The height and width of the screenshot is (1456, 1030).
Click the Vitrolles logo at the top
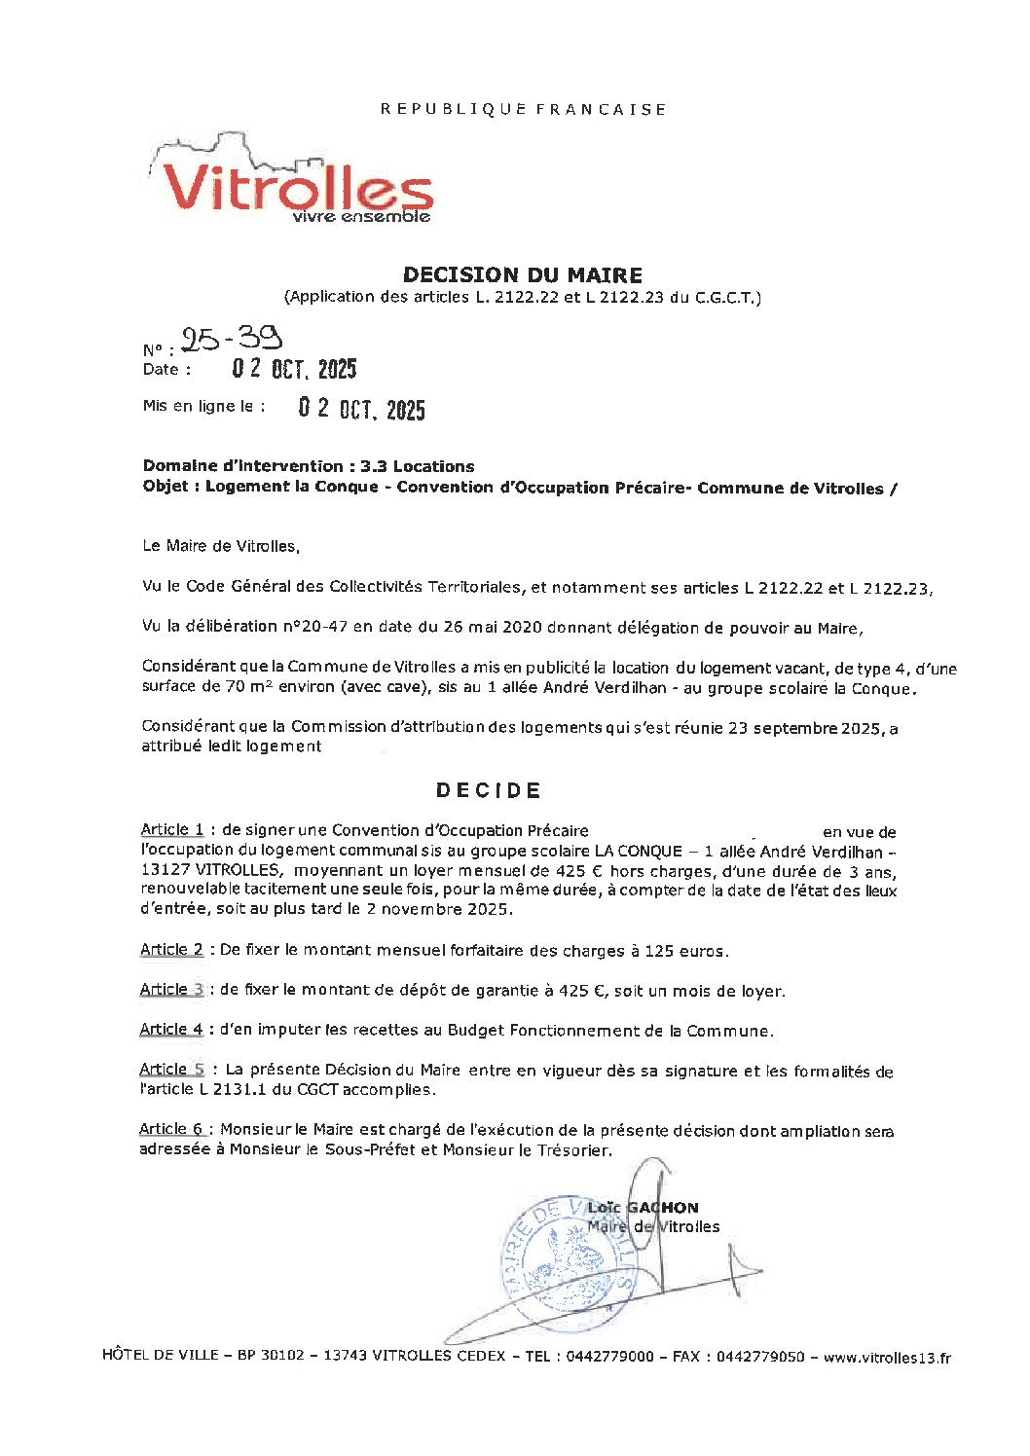pyautogui.click(x=292, y=181)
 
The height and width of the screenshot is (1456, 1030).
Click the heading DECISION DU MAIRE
pyautogui.click(x=523, y=275)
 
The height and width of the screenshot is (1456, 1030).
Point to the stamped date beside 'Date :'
pyautogui.click(x=294, y=369)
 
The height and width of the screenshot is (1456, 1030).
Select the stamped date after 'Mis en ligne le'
pyautogui.click(x=361, y=409)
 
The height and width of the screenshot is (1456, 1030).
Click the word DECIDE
pyautogui.click(x=489, y=790)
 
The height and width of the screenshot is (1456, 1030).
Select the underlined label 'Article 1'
pyautogui.click(x=172, y=830)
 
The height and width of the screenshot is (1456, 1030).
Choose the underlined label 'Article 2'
pyautogui.click(x=171, y=950)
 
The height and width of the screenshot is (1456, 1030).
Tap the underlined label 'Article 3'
pyautogui.click(x=171, y=990)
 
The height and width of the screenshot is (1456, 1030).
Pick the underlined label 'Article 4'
pyautogui.click(x=171, y=1030)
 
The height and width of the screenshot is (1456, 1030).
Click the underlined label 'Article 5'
pyautogui.click(x=171, y=1070)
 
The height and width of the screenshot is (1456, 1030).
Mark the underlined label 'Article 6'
pyautogui.click(x=171, y=1129)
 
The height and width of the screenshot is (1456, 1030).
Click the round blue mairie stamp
pyautogui.click(x=570, y=1263)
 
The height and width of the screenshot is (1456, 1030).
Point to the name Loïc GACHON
pyautogui.click(x=643, y=1208)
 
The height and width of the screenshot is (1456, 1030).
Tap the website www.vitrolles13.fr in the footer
pyautogui.click(x=887, y=1358)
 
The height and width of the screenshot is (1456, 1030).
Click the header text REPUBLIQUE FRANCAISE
pyautogui.click(x=524, y=109)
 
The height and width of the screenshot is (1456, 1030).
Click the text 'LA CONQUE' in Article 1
pyautogui.click(x=638, y=851)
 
